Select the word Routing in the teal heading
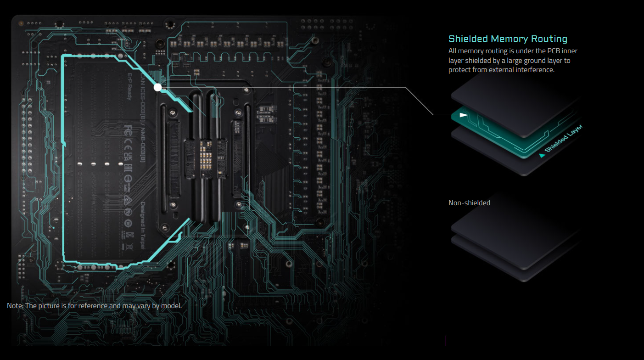pos(549,39)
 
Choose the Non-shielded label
pos(469,202)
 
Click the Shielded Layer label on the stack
pos(563,139)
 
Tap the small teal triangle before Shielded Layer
pos(542,156)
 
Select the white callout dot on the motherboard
pos(158,86)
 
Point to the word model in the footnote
pos(172,306)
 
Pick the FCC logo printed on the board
pos(129,129)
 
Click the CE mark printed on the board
pos(129,145)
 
